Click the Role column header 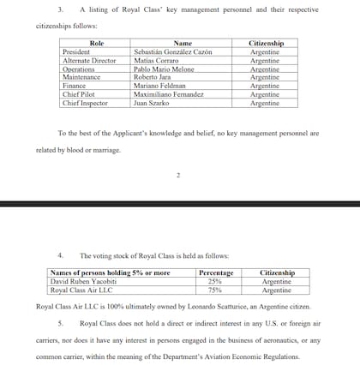[x=96, y=43]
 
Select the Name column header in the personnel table [x=183, y=43]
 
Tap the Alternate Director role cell [x=89, y=60]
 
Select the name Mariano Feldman [x=161, y=86]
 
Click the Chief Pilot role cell [x=80, y=94]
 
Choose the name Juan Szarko [x=153, y=103]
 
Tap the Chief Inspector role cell [x=85, y=103]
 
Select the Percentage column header [x=216, y=273]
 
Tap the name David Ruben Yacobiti [x=85, y=281]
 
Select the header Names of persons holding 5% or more [x=110, y=273]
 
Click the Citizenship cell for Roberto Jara [x=265, y=77]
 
